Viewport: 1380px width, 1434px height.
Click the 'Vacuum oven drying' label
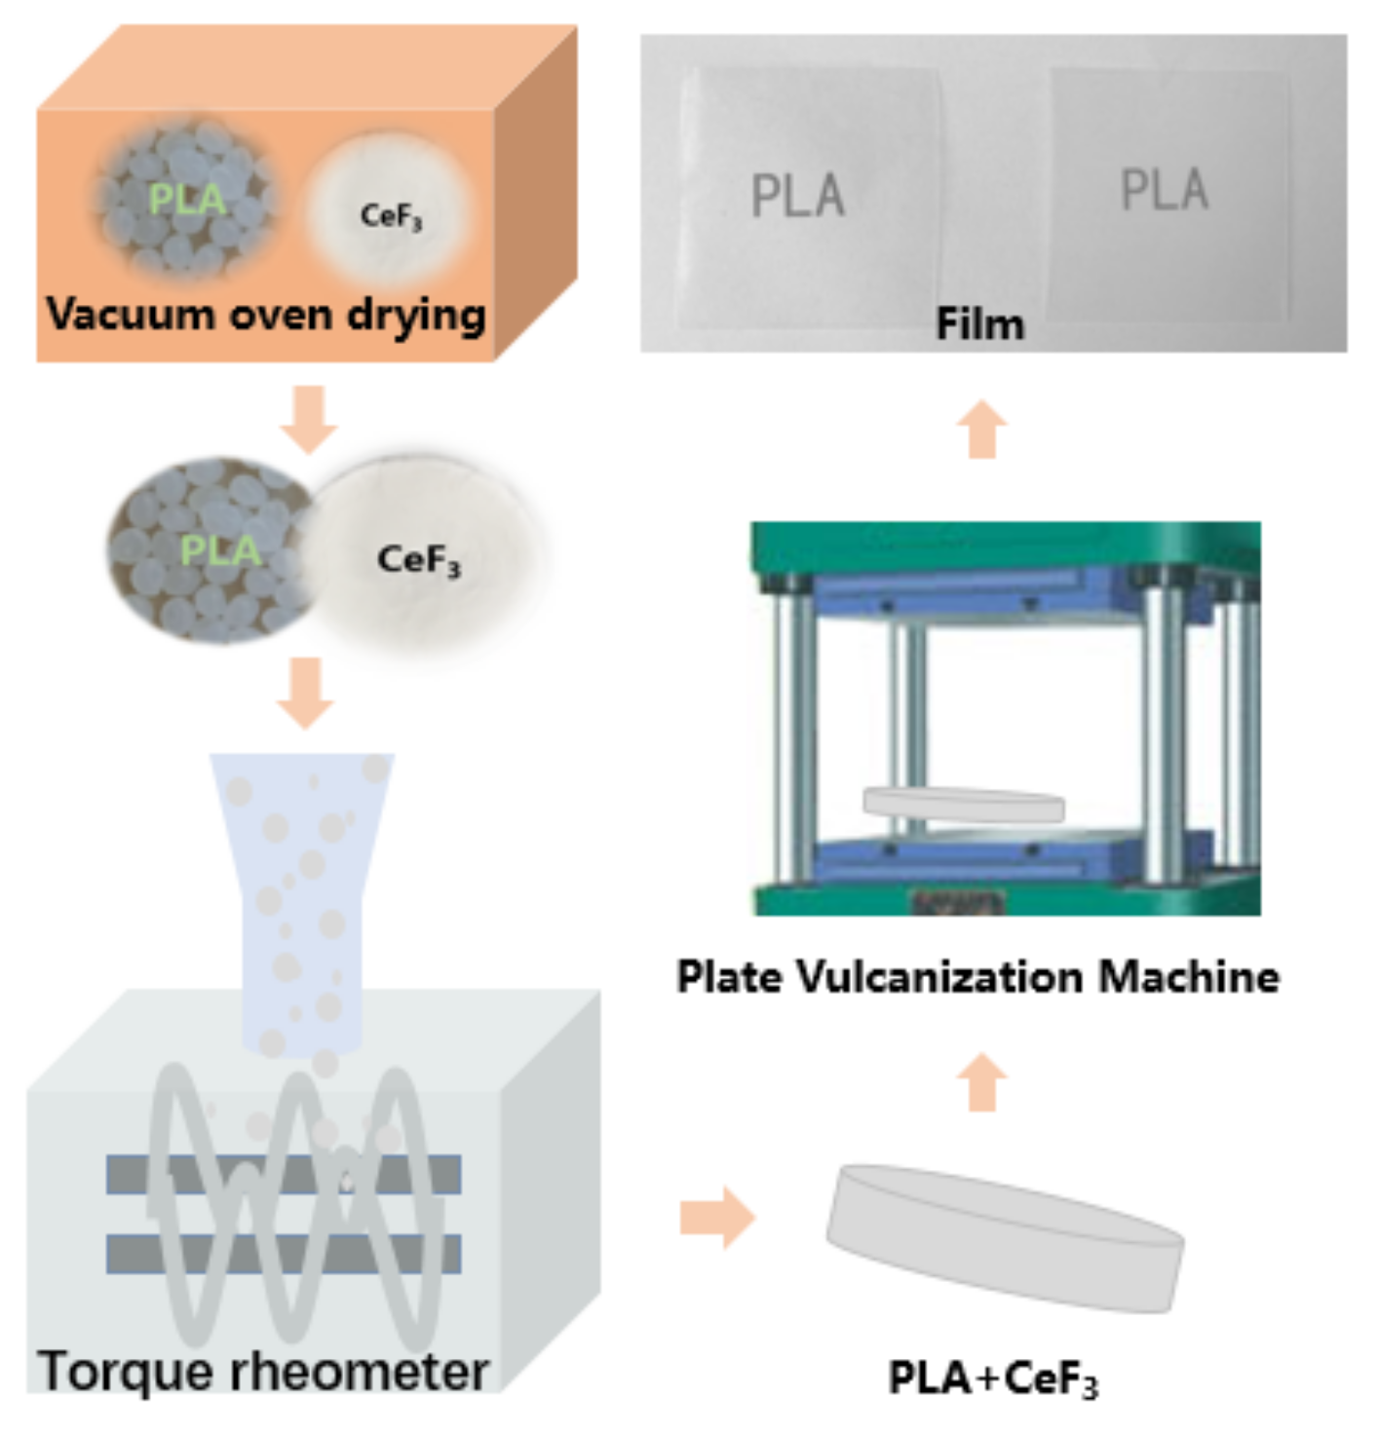pos(265,315)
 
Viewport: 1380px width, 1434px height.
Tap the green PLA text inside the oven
pos(186,200)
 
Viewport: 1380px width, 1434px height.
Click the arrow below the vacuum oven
pos(308,419)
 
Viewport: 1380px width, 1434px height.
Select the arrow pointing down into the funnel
pos(306,693)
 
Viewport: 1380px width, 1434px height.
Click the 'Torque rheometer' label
pos(263,1371)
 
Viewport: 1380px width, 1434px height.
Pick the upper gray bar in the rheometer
pos(283,1175)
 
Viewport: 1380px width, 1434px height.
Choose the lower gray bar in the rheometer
pos(283,1254)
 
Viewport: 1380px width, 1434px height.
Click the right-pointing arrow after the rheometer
pos(717,1218)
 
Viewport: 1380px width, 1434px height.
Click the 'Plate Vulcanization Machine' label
pos(977,976)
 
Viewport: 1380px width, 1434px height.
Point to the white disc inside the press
pos(963,805)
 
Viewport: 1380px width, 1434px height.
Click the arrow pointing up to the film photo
pos(981,429)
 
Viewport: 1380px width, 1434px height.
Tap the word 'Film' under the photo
pos(979,324)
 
